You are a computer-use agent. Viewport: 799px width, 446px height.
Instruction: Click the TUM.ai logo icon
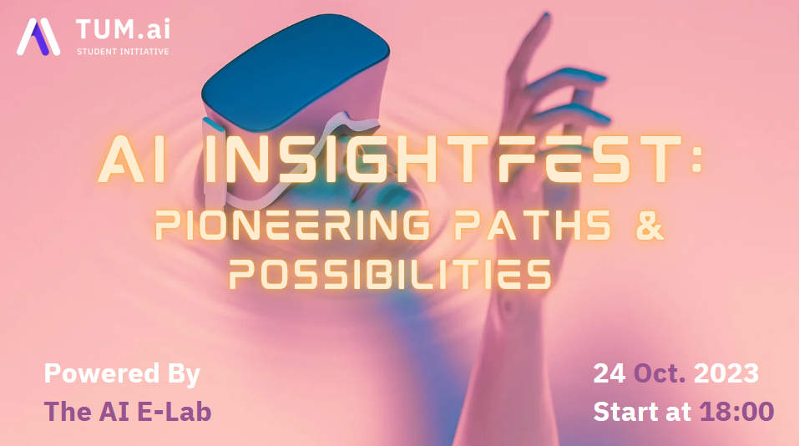coord(38,37)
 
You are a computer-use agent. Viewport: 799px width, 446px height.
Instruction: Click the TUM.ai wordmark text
coord(123,29)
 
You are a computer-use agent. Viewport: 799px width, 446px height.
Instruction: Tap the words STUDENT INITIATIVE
coord(123,52)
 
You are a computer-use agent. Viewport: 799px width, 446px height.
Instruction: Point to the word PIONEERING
coord(292,225)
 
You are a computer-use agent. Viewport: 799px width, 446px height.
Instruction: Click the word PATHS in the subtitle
coord(533,225)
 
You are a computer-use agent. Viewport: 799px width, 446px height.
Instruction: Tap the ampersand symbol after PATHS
coord(650,225)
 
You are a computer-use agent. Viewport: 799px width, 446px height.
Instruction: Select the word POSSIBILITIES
coord(390,274)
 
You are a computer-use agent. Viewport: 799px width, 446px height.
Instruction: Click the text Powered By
coord(122,374)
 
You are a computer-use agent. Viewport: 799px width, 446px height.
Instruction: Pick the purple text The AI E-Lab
coord(128,412)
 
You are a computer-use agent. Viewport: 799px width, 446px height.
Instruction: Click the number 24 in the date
coord(609,373)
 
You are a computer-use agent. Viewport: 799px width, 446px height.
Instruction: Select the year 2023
coord(726,373)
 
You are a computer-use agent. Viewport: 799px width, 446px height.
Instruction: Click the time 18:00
coord(737,412)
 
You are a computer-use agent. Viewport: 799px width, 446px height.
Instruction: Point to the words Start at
coord(643,412)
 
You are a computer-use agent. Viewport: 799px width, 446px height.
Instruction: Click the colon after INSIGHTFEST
coord(697,159)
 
